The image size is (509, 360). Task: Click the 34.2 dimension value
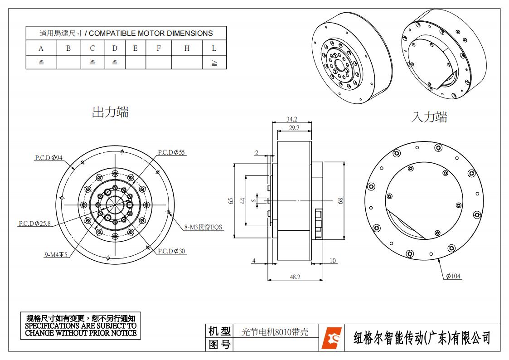point(291,119)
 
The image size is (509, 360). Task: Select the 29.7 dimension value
point(294,128)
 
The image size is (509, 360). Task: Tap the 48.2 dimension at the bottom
point(295,277)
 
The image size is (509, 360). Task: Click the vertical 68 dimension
point(340,200)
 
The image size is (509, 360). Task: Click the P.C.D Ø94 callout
point(48,158)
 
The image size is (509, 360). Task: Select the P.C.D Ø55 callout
point(171,152)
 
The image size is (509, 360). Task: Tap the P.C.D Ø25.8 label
point(34,224)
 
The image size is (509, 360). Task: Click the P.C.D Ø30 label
point(172,251)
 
